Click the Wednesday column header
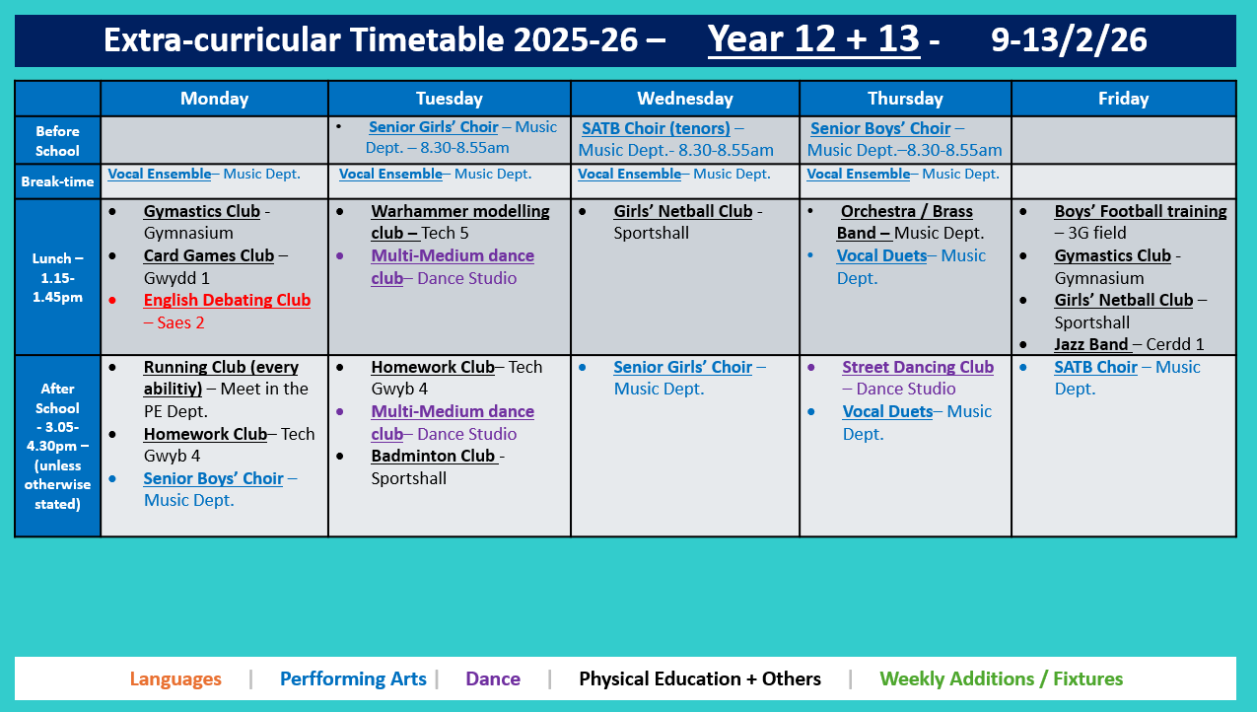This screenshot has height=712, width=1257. pos(684,99)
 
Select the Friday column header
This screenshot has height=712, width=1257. pos(1123,99)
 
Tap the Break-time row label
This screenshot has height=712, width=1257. pos(57,181)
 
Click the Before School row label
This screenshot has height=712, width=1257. pos(57,140)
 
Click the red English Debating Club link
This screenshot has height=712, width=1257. pos(227,300)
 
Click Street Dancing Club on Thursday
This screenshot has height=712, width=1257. pos(917,367)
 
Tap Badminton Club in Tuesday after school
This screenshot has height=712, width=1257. pos(433,456)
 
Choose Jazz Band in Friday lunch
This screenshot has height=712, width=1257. pos(1090,344)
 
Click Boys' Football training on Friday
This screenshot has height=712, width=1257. pos(1140,211)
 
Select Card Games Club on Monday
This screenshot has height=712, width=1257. pos(208,255)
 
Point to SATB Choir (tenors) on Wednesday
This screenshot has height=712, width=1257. pos(656,128)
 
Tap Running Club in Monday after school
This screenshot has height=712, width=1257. pos(220,367)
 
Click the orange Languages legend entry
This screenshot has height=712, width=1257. pos(175,678)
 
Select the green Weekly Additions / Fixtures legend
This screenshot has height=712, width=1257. pos(1001,678)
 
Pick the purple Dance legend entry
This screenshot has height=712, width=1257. pos(492,678)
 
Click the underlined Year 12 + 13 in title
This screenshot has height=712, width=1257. pos(813,39)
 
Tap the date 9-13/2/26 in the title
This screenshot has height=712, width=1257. pos(1069,39)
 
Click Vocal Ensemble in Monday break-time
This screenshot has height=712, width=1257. pos(159,174)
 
